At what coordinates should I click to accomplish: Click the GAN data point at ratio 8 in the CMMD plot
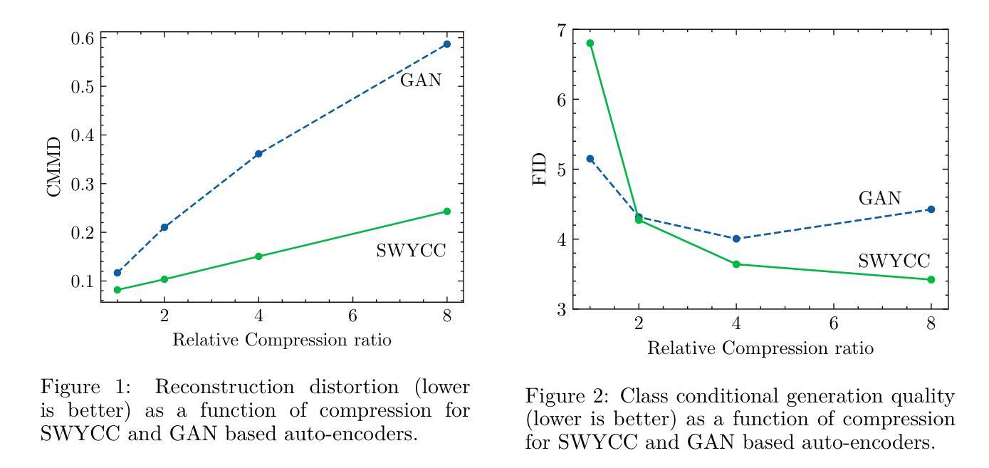[x=446, y=44]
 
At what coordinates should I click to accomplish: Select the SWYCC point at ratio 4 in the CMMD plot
[x=258, y=256]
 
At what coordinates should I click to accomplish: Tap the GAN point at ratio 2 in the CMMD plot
[x=164, y=227]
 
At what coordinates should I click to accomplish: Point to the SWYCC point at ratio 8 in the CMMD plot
[x=446, y=212]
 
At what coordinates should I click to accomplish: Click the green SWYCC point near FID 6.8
[x=590, y=43]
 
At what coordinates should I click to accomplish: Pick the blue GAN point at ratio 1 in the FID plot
[x=590, y=159]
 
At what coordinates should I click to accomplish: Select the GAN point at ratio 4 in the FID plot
[x=736, y=239]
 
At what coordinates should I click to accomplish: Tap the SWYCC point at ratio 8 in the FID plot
[x=931, y=279]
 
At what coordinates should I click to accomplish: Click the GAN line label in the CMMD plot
[x=420, y=80]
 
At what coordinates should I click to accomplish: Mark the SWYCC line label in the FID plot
[x=894, y=261]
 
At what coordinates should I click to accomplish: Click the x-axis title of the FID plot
[x=760, y=348]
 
